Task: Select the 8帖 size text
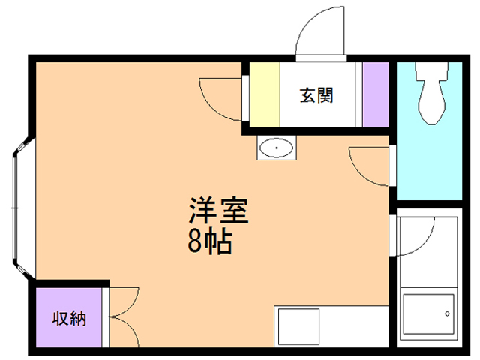tap(208, 241)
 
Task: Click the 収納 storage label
tap(68, 317)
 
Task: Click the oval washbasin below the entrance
tap(277, 148)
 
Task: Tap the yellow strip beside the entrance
tap(264, 95)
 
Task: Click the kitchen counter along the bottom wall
tap(330, 326)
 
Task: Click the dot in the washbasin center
tap(277, 148)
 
